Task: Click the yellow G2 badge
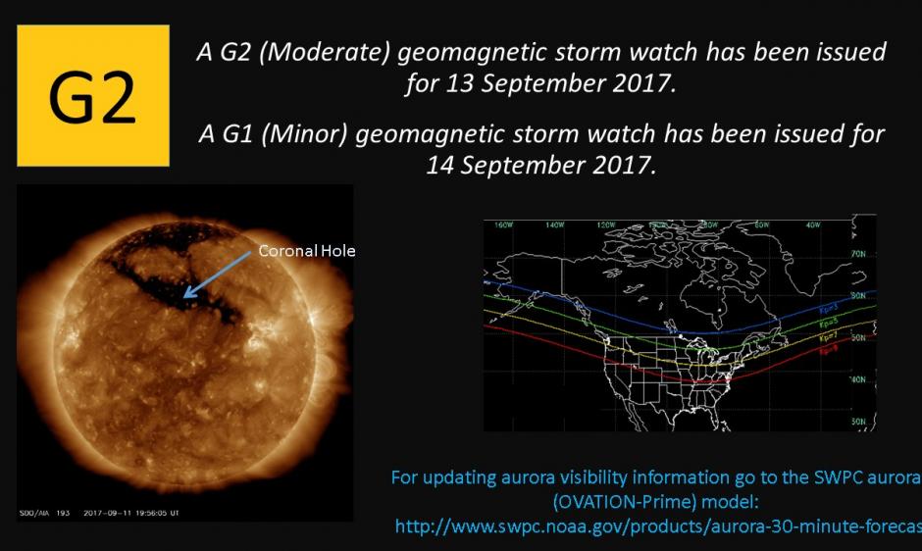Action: [93, 95]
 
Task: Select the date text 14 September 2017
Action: [539, 164]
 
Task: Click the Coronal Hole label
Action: [306, 251]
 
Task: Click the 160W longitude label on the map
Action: [504, 225]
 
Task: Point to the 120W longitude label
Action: [605, 225]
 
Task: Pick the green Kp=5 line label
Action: [828, 320]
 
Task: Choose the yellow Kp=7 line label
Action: [828, 335]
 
